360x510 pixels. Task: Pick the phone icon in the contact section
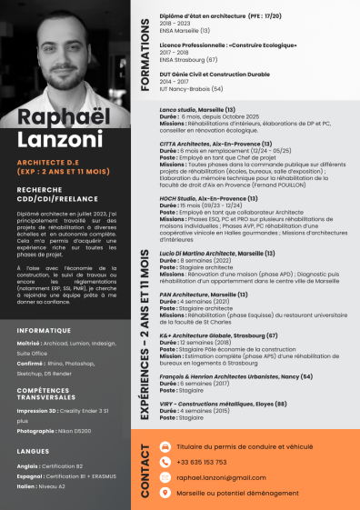coord(165,462)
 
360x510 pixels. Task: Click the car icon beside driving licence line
coord(165,447)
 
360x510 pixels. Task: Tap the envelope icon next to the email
coord(165,476)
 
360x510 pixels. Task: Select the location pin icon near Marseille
coord(165,492)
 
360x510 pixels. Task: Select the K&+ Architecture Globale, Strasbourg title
coord(219,335)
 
